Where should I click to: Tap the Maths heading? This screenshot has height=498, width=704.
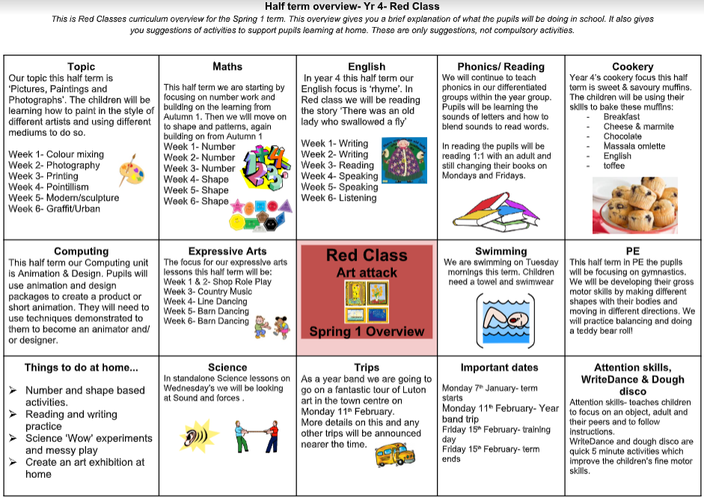227,67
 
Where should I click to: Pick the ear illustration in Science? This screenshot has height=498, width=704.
192,437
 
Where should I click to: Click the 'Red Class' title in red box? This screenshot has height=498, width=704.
367,255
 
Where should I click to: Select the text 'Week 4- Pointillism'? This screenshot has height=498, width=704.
49,186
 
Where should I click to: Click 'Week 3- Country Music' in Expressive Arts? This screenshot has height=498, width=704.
208,291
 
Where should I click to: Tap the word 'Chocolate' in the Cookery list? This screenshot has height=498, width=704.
622,136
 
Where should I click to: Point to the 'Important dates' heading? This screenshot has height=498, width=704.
499,367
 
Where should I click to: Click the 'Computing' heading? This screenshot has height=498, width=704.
81,252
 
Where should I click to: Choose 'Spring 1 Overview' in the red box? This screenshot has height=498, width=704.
367,331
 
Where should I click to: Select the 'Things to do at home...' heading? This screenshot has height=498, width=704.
81,367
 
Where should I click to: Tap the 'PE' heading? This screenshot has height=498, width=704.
632,252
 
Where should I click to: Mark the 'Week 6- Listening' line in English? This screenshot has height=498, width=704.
339,198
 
